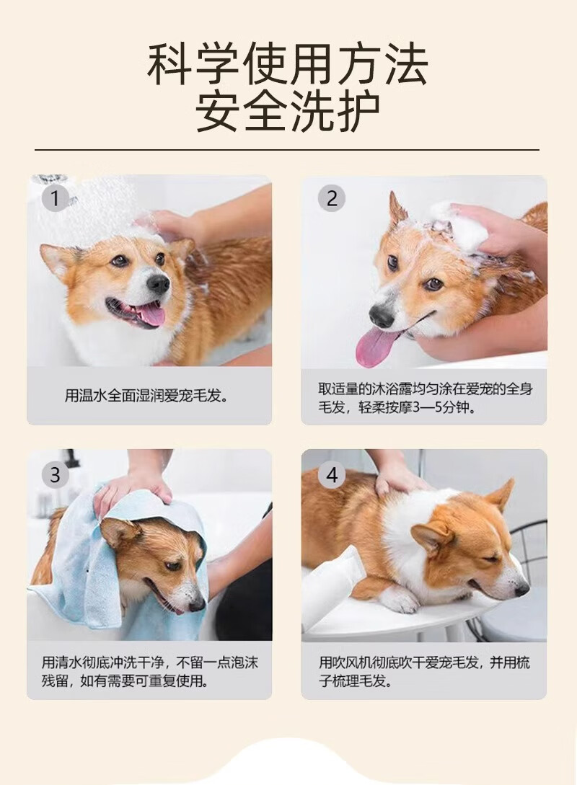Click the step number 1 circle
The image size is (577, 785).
55,198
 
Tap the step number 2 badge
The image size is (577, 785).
332,198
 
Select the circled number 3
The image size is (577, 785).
55,474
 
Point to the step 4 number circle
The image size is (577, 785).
332,474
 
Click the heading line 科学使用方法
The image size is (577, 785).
288,66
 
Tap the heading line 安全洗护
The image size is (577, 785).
288,111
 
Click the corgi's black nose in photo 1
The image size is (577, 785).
158,284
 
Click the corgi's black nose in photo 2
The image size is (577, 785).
382,316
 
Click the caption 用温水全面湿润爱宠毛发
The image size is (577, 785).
146,396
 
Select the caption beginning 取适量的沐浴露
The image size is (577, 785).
425,398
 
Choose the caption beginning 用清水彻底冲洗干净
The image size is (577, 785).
149,672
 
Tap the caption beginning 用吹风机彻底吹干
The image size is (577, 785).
425,672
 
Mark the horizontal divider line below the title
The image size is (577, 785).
287,149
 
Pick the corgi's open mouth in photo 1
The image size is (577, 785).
136,312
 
